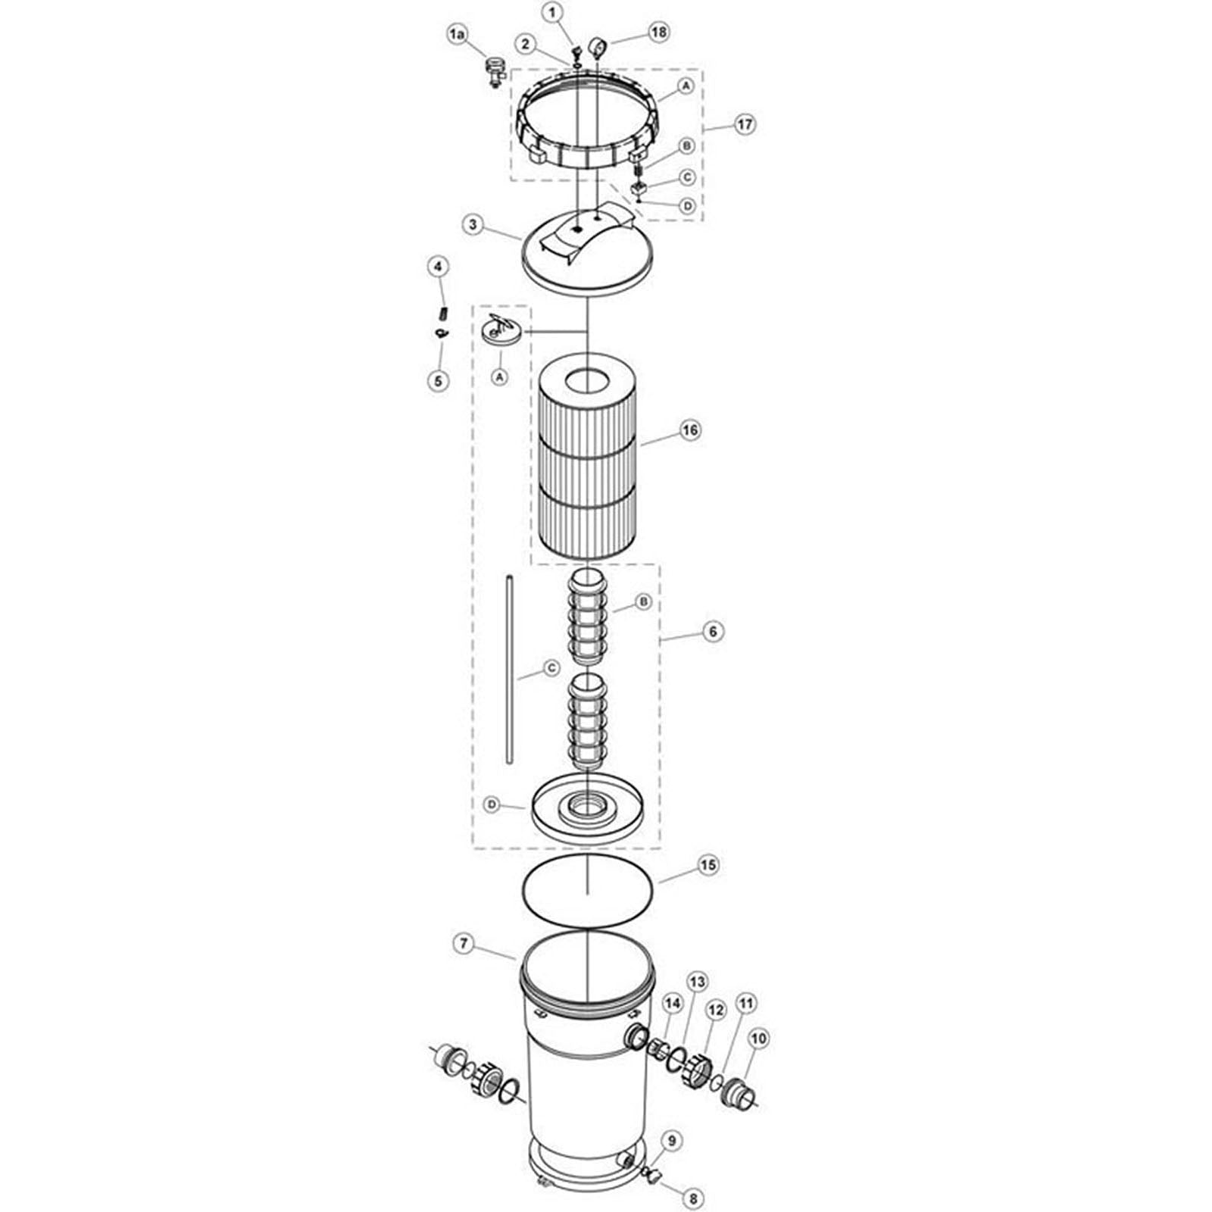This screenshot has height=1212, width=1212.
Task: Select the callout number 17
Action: [745, 124]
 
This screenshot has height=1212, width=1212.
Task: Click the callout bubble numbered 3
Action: [473, 225]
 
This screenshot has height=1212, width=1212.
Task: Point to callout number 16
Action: [690, 430]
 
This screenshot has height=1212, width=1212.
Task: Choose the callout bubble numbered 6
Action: [713, 631]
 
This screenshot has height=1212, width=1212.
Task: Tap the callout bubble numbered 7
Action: [464, 944]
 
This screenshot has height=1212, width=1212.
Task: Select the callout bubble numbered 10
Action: [758, 1039]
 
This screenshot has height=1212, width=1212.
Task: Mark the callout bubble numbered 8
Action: [693, 1198]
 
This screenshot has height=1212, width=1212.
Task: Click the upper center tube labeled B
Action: [588, 617]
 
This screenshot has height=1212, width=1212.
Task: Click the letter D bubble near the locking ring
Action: [688, 206]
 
